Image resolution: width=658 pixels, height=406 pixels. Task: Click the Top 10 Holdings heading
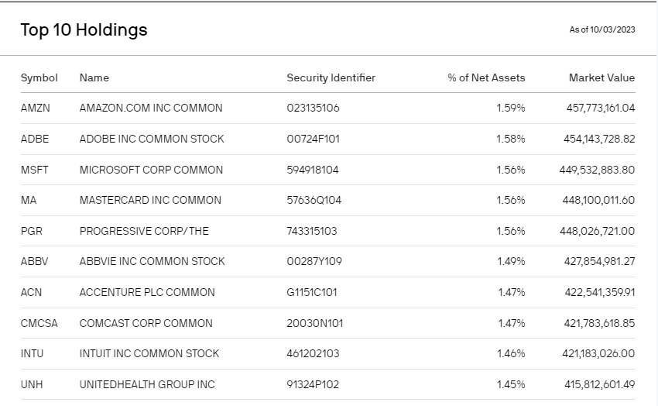[x=84, y=30]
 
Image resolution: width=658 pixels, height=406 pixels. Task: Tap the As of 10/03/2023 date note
[x=601, y=30]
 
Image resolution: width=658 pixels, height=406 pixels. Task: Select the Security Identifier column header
[x=331, y=77]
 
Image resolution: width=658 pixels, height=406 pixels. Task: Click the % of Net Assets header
[x=486, y=77]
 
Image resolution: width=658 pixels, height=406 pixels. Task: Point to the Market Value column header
[x=601, y=77]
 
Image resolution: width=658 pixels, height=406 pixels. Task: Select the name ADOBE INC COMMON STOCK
[x=152, y=139]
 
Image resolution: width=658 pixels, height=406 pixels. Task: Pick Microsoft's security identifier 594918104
[x=313, y=170]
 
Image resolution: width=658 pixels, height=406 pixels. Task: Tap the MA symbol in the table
[x=29, y=200]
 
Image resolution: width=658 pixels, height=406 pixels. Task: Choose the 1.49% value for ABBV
[x=511, y=261]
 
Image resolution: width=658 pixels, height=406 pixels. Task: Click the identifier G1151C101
[x=312, y=292]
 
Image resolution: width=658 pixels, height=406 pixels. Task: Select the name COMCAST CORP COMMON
[x=146, y=323]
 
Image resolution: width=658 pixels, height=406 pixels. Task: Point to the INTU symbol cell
[x=33, y=353]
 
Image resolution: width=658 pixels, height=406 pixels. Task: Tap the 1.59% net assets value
[x=511, y=108]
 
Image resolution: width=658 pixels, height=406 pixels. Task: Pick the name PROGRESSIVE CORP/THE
[x=144, y=231]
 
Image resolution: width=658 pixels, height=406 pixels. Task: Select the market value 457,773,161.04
[x=601, y=108]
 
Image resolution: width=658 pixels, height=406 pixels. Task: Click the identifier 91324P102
[x=313, y=384]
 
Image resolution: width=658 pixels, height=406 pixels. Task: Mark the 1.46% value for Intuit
[x=511, y=353]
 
